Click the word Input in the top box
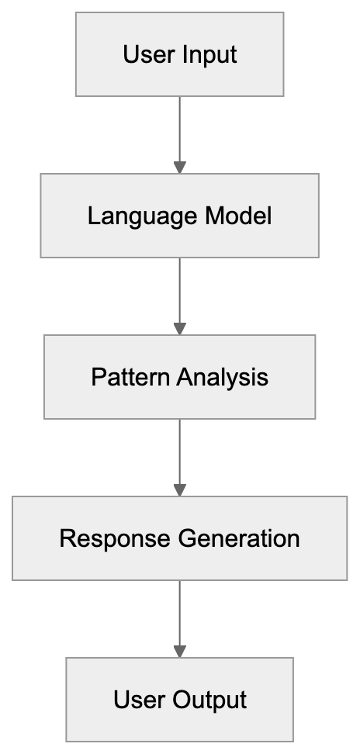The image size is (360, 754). click(x=209, y=55)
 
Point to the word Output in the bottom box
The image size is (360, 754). click(x=210, y=700)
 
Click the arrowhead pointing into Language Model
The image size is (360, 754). click(x=180, y=167)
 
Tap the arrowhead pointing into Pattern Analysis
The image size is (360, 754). click(x=180, y=329)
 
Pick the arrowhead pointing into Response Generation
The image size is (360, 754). click(x=180, y=490)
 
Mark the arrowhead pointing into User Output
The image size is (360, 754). click(x=180, y=651)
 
